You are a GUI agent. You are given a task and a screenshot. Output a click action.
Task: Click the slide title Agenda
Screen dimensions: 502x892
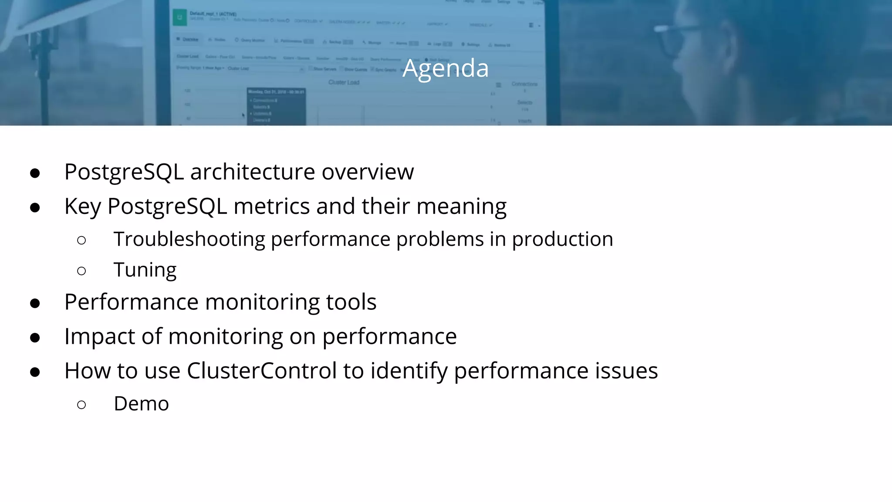446,68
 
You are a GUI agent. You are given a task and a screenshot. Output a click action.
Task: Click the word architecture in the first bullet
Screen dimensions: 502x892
253,172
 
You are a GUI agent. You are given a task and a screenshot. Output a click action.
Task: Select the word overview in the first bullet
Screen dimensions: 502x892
368,172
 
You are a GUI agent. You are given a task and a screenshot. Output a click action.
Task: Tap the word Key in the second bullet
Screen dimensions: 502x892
82,207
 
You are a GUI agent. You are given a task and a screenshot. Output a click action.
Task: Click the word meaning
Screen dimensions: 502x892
461,207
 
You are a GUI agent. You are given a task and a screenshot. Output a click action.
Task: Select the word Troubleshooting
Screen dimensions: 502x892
189,239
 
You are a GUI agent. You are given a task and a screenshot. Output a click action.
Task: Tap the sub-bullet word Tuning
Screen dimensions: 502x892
145,270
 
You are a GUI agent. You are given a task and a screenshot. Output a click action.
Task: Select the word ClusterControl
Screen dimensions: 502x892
262,371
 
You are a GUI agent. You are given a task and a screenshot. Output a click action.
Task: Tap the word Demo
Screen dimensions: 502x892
141,404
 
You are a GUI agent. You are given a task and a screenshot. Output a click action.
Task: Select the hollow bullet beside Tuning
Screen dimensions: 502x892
81,271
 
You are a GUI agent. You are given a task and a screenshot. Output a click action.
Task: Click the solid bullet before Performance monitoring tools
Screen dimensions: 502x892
35,303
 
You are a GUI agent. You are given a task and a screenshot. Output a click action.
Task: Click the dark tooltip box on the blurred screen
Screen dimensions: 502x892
276,106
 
